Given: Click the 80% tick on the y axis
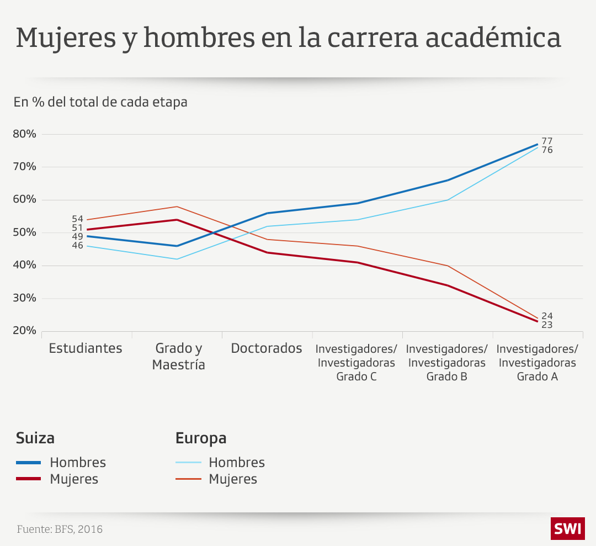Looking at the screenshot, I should tap(25, 134).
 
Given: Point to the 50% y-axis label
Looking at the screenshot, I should tap(25, 232).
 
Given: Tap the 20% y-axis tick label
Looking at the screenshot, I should tap(25, 331).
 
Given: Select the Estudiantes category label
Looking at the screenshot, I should tap(86, 348).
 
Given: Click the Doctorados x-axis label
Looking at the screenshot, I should tap(267, 348).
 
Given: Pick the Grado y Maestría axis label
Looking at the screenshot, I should tap(178, 357).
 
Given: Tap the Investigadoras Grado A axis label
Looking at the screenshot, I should tap(538, 363).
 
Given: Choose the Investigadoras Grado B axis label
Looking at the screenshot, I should tap(447, 363).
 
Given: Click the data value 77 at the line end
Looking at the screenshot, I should tap(547, 141).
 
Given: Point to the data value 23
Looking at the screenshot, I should tap(547, 325).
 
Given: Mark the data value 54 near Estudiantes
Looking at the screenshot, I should tap(77, 219).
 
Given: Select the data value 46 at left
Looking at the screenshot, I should tap(77, 245).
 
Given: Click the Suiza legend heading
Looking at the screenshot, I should tap(35, 438).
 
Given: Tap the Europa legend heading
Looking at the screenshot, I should tap(201, 438).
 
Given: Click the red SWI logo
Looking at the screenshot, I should tap(567, 529).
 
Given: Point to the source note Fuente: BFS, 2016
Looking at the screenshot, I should tap(60, 529).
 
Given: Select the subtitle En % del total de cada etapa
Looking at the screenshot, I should tap(100, 102).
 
